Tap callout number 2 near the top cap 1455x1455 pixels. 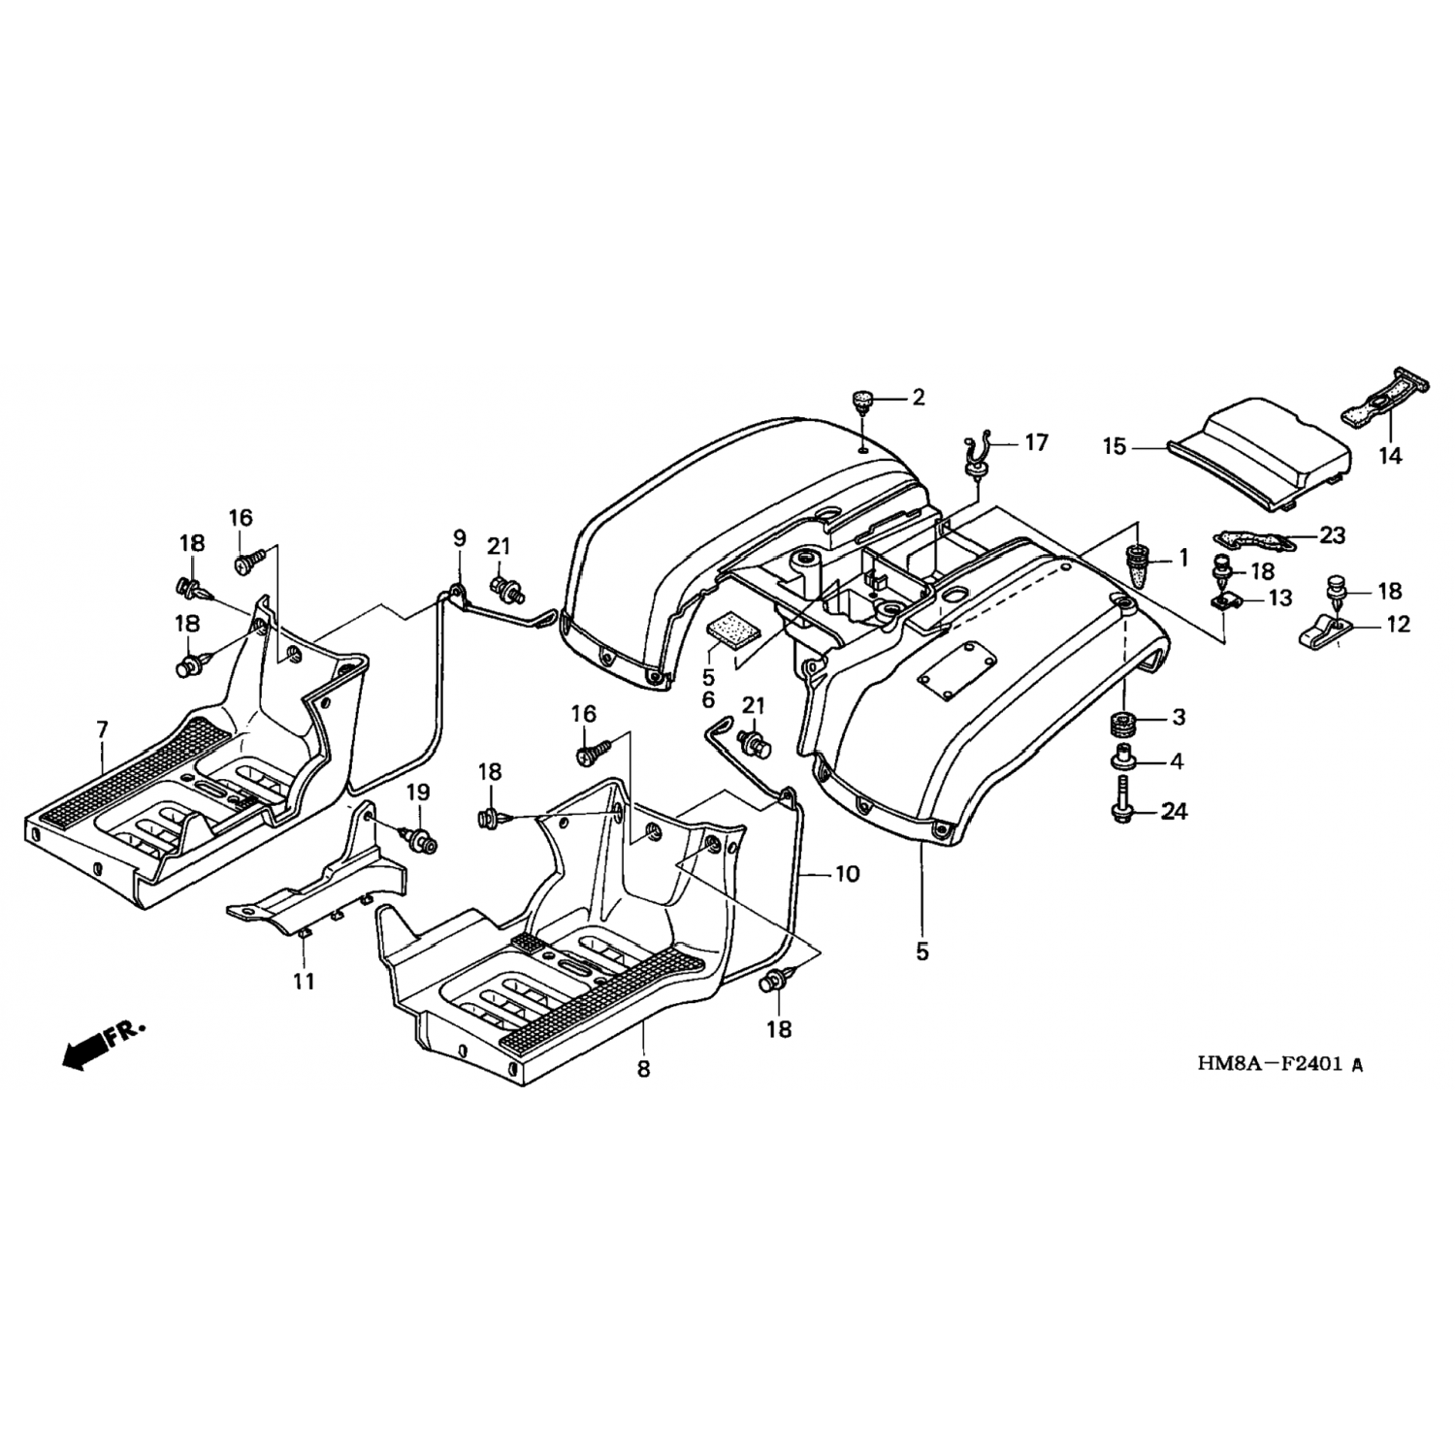point(918,397)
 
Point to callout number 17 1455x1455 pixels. point(1036,442)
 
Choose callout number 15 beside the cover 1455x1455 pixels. point(1114,447)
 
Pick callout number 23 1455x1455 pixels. point(1333,534)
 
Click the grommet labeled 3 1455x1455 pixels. point(1126,724)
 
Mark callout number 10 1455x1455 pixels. point(847,874)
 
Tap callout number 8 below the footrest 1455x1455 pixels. point(643,1069)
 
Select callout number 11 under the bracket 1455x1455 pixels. point(305,981)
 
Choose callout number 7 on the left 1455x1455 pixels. point(103,728)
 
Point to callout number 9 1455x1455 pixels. point(459,538)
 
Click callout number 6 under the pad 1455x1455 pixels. point(708,699)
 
